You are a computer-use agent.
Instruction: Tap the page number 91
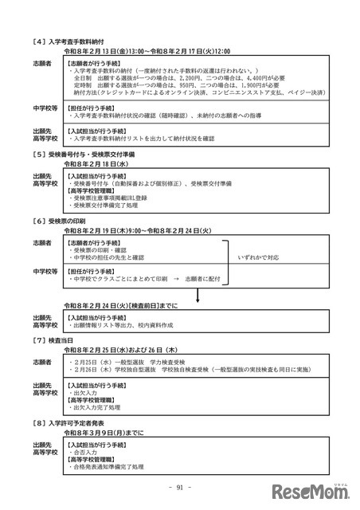[179, 488]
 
